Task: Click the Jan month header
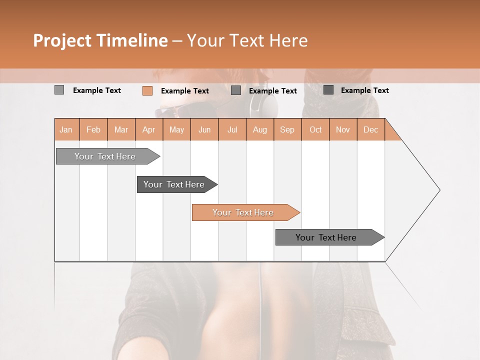coord(66,129)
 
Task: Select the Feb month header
coord(93,129)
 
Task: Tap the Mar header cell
coord(121,129)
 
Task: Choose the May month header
coord(176,129)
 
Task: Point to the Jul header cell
coord(232,129)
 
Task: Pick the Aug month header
coord(259,129)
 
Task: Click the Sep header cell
coord(287,129)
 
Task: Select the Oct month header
coord(315,129)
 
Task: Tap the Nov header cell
coord(342,129)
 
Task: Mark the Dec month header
coord(370,129)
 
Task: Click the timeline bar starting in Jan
coord(105,156)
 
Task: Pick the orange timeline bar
coord(244,212)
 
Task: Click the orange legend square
coord(147,90)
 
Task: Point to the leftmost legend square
coord(59,90)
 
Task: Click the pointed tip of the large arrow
coord(438,190)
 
